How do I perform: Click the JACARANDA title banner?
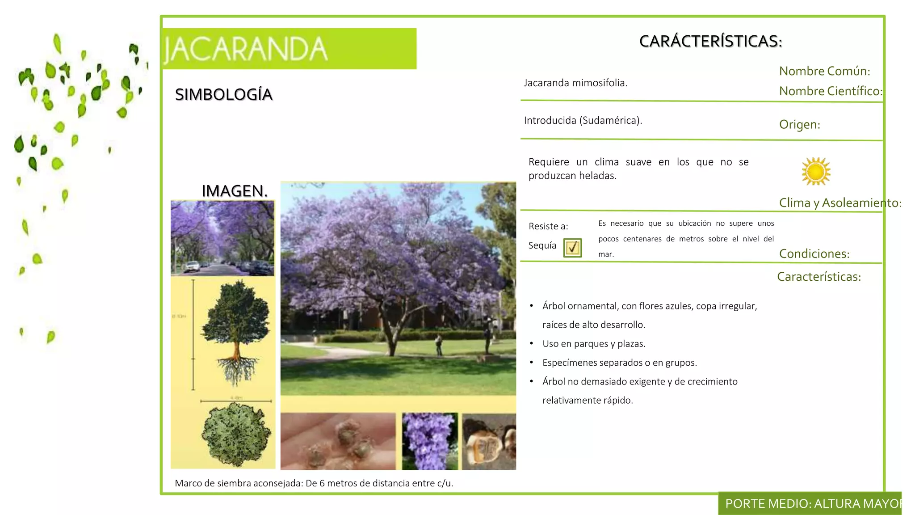tap(290, 49)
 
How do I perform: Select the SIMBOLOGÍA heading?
tap(223, 94)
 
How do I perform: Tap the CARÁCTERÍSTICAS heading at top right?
tap(710, 41)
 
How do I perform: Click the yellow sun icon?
tap(816, 171)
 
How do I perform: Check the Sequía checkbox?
tap(572, 248)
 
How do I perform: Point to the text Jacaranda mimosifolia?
tap(575, 83)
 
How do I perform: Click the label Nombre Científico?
tap(830, 91)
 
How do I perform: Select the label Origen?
tap(799, 124)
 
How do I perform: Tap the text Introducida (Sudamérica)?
tap(583, 120)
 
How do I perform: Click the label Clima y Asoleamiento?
tap(840, 203)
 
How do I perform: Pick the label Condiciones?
tap(814, 254)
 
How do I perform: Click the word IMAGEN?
tap(234, 191)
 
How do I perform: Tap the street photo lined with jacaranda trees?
tap(222, 238)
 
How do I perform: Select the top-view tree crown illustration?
tap(235, 434)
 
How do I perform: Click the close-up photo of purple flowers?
tap(430, 441)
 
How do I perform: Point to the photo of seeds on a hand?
tap(338, 441)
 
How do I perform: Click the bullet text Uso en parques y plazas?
tap(594, 344)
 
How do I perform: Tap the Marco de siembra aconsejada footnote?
tap(314, 483)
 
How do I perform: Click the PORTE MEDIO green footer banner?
tap(810, 504)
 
